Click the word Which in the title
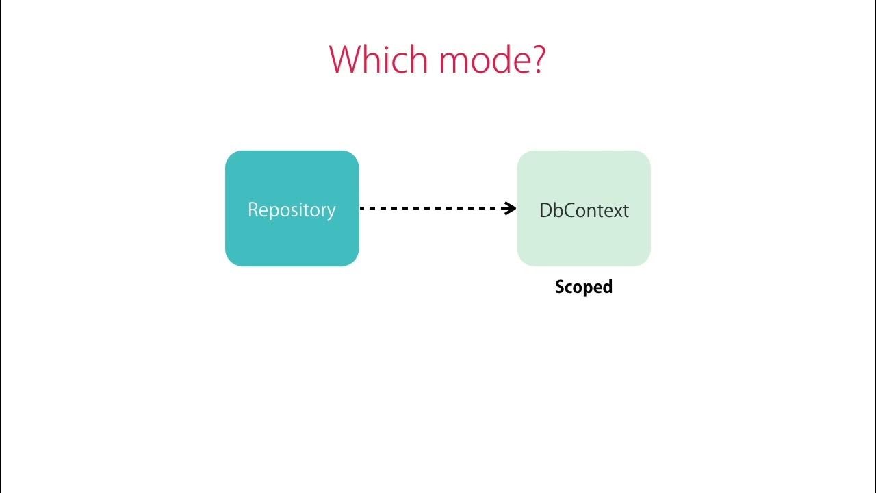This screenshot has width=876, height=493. click(x=378, y=59)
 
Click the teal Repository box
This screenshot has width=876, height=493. click(x=292, y=209)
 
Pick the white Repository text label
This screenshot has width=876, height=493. click(x=292, y=211)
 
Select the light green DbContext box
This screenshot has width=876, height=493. click(x=584, y=209)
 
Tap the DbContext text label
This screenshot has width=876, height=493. click(x=584, y=210)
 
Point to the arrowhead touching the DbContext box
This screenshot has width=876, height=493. click(x=509, y=208)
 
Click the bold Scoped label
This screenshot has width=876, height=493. click(x=584, y=288)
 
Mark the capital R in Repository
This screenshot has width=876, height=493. click(x=253, y=210)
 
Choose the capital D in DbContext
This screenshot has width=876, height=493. click(x=546, y=210)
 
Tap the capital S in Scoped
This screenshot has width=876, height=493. click(x=561, y=287)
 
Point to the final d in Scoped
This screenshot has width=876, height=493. click(x=608, y=286)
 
